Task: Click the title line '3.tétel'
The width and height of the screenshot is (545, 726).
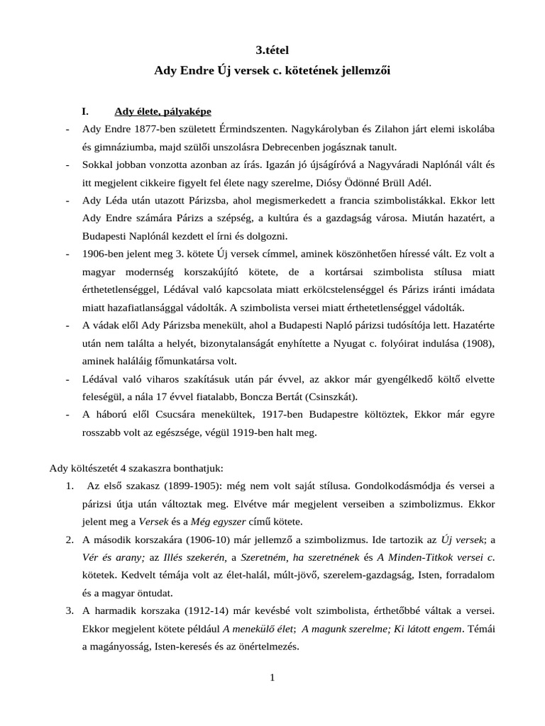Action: click(272, 50)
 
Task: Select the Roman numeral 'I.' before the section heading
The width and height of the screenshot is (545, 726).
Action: click(87, 112)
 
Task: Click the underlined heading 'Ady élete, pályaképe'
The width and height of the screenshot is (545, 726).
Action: click(163, 112)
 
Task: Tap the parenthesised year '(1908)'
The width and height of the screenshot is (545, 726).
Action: click(478, 343)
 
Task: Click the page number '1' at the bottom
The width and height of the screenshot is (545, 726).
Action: click(272, 678)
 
